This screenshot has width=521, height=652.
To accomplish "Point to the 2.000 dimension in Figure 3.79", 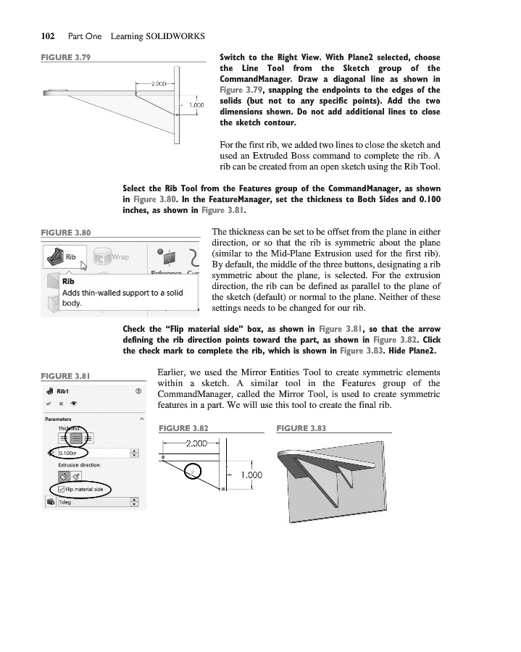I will point(159,84).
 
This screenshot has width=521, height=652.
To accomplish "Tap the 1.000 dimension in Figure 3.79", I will point(196,105).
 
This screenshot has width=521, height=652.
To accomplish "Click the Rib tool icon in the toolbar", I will point(55,256).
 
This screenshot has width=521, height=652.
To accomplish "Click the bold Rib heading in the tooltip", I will point(70,280).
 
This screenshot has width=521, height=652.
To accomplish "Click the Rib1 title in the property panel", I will point(66,391).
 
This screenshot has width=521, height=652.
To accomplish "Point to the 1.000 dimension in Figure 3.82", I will point(251,475).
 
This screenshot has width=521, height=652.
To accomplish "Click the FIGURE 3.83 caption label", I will point(301,429).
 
